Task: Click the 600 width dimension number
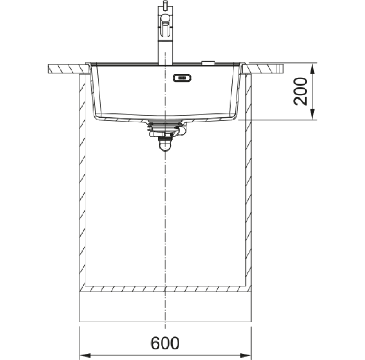tap(165, 343)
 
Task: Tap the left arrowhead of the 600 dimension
tap(85, 356)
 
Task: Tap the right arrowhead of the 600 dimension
tap(246, 356)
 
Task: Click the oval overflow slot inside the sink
tap(182, 78)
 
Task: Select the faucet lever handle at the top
tap(165, 26)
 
